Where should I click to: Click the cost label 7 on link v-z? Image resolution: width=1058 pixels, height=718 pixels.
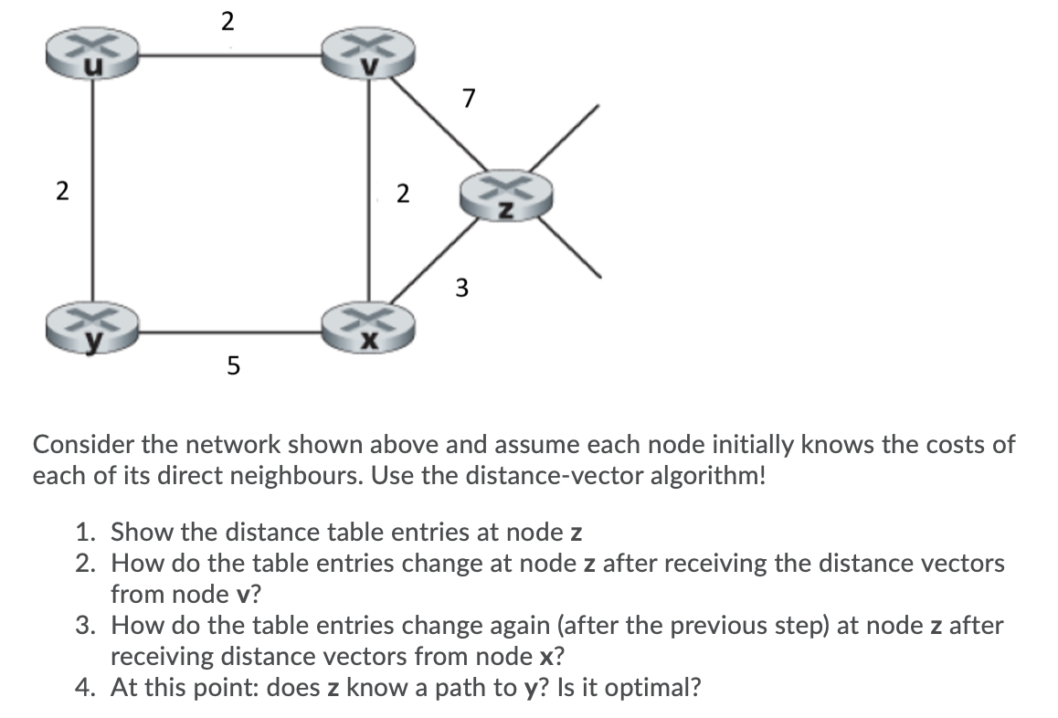point(470,97)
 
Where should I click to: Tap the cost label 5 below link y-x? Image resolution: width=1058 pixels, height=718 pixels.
point(232,368)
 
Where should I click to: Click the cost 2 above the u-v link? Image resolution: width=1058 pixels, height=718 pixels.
point(227,20)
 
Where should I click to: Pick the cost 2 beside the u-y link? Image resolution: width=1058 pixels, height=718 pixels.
point(61,192)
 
